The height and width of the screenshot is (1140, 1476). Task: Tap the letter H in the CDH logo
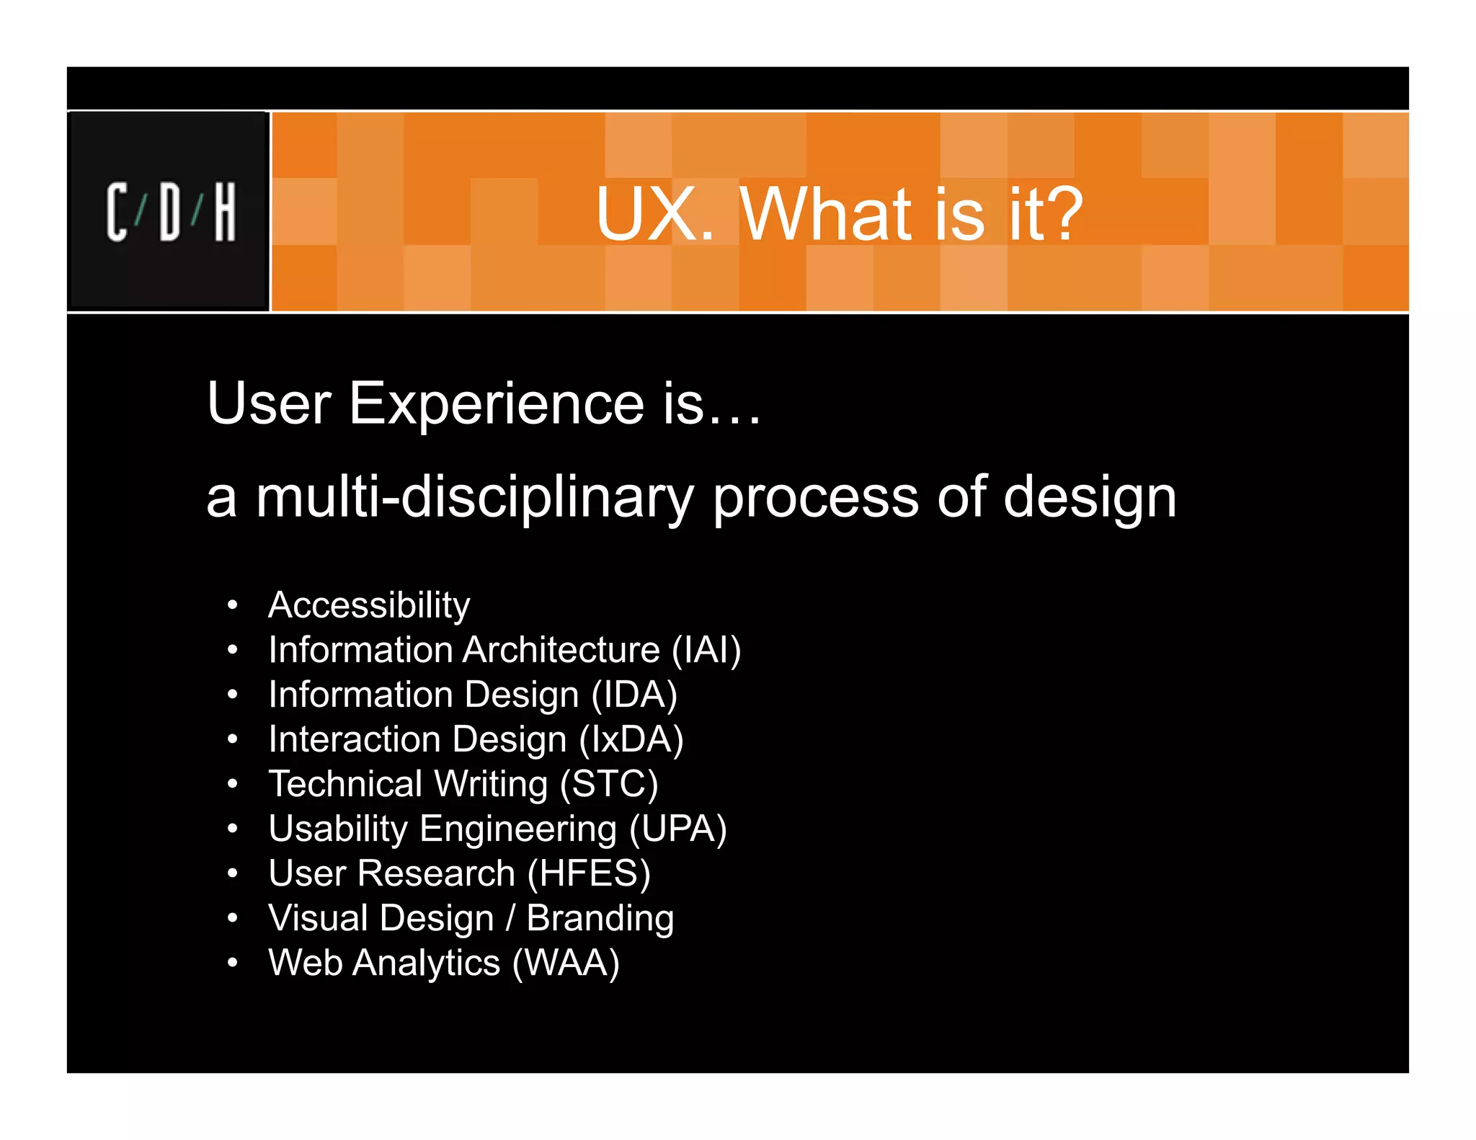click(225, 212)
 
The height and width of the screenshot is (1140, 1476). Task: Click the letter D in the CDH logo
click(171, 212)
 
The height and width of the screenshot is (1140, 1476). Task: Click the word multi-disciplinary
click(475, 499)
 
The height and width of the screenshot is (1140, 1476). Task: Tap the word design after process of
click(1089, 499)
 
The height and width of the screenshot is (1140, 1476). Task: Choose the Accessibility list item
click(369, 605)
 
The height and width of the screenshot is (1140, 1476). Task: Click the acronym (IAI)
click(706, 650)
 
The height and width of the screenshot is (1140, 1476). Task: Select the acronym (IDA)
click(634, 695)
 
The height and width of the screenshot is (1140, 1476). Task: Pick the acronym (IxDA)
click(631, 739)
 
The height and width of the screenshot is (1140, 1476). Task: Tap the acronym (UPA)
click(678, 829)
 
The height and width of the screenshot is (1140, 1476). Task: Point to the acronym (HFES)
click(589, 873)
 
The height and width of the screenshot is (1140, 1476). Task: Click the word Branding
click(600, 918)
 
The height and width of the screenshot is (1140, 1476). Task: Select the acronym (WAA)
click(566, 963)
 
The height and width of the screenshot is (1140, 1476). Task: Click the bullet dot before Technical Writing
click(232, 784)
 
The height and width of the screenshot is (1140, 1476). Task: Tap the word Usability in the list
click(338, 829)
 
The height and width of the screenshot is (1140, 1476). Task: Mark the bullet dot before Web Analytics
click(232, 963)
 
